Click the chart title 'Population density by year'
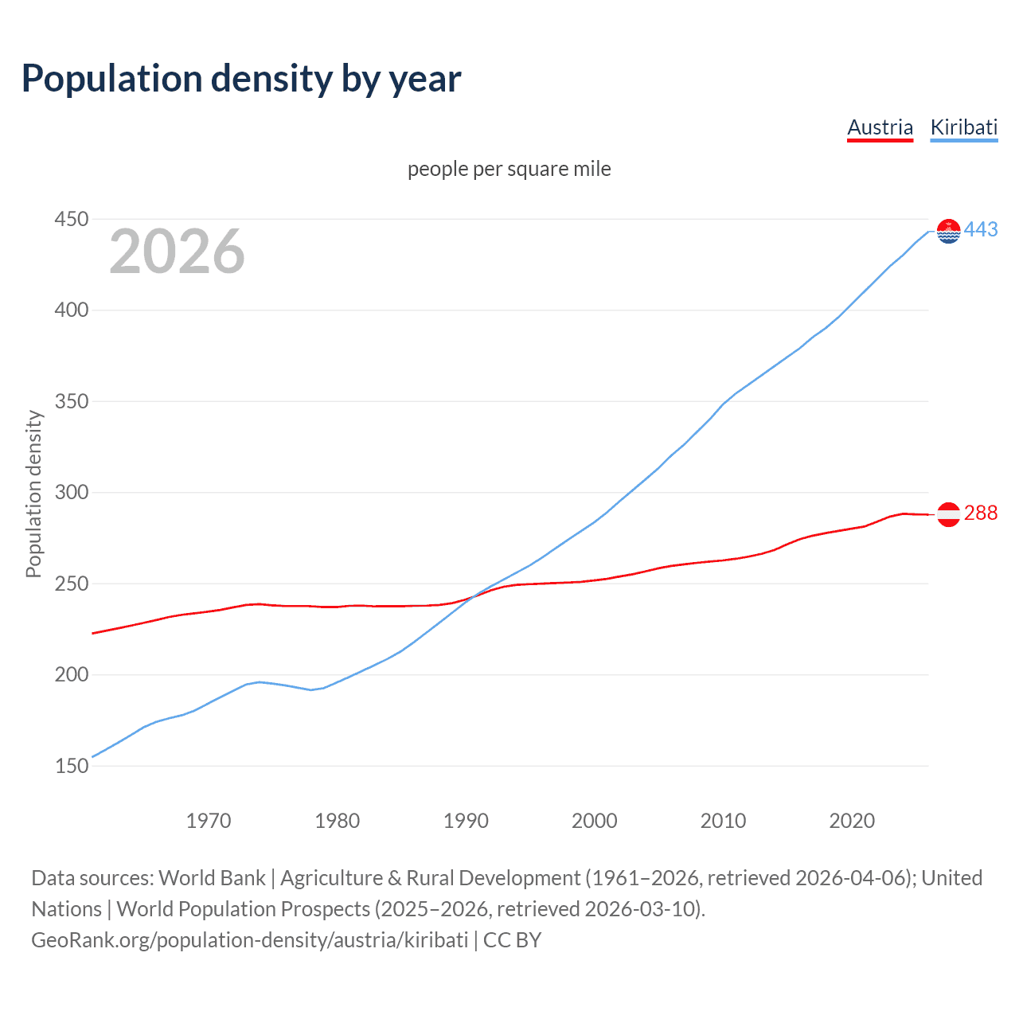pos(241,79)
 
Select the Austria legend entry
pos(880,127)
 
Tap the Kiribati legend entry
pos(963,127)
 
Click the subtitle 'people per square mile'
pos(509,169)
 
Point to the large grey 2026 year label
pos(177,252)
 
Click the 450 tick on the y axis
pos(71,219)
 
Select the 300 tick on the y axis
pos(71,492)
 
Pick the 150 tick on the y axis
pos(71,766)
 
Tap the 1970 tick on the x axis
pos(209,821)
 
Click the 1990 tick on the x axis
pos(466,821)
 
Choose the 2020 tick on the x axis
pos(852,821)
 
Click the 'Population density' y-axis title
pos(33,494)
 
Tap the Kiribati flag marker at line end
pos(948,231)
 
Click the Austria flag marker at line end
pos(948,514)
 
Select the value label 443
pos(981,229)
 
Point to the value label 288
pos(981,513)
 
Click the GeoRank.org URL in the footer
pos(249,940)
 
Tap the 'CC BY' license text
pos(512,940)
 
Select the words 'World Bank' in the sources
pos(212,878)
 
